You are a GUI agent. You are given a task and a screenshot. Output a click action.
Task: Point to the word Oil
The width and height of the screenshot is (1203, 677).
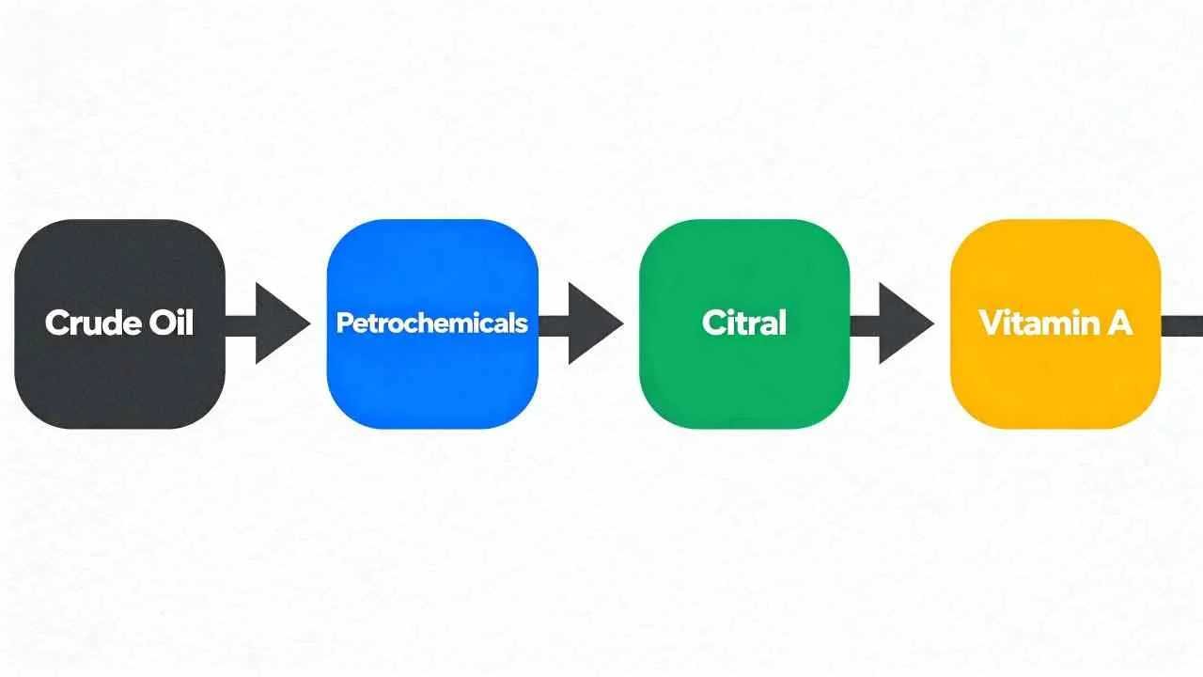[172, 323]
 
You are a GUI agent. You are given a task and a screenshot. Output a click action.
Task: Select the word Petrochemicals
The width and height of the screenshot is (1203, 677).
[432, 323]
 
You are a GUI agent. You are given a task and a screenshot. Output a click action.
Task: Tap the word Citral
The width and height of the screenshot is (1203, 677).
[744, 323]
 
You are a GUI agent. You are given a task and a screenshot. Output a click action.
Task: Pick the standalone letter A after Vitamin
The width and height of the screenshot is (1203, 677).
[1119, 323]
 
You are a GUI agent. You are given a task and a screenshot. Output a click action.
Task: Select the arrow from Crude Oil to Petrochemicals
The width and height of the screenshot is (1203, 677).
[268, 324]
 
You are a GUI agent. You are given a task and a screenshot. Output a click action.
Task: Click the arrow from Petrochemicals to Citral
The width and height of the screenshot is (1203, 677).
[581, 324]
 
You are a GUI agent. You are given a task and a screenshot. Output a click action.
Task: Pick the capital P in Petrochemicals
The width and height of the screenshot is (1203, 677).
[343, 323]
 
